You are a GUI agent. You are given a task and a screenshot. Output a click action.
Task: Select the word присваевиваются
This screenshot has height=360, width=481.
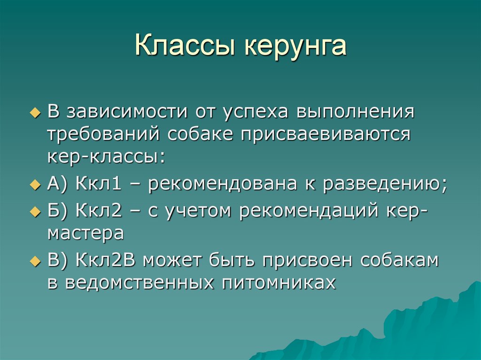(x=326, y=134)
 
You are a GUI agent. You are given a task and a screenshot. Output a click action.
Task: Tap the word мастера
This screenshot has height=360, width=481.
(x=85, y=233)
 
